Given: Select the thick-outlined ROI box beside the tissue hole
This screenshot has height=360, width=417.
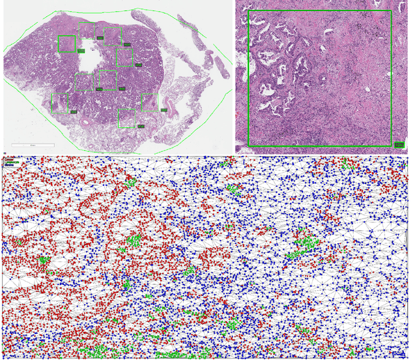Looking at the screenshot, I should tap(67, 44).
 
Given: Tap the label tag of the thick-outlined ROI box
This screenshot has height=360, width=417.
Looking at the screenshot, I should tap(81, 50).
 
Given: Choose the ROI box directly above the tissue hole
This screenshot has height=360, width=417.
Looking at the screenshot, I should tap(87, 30).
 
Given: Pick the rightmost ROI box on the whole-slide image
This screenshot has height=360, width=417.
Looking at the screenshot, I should tap(149, 103).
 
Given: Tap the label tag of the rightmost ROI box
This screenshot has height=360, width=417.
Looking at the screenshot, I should tap(162, 110).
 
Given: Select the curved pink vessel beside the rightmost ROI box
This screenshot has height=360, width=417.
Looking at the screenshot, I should tap(171, 104).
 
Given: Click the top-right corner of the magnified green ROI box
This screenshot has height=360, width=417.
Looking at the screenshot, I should tap(391, 11).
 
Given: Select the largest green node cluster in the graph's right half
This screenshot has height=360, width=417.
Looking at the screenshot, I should tap(301, 245).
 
